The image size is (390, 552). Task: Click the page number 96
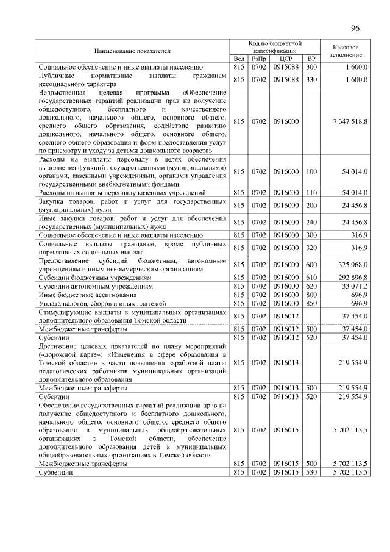click(x=356, y=28)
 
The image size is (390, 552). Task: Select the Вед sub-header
click(x=239, y=59)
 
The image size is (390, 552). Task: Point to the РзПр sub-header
click(x=259, y=59)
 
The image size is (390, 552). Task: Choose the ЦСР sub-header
click(x=286, y=59)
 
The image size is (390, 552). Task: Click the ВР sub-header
click(x=312, y=59)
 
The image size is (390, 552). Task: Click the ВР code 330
click(x=312, y=79)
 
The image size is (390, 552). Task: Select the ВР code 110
click(x=312, y=192)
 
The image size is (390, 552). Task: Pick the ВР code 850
click(x=312, y=303)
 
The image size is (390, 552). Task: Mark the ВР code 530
click(x=312, y=473)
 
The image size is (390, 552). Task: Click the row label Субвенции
click(x=56, y=473)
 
